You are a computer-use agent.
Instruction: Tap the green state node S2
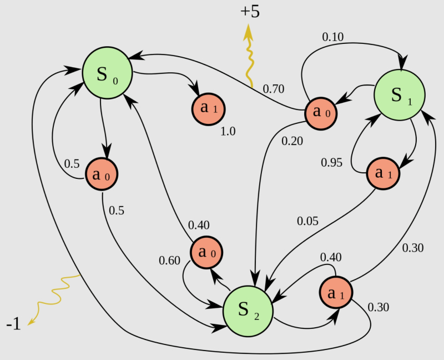(x=248, y=311)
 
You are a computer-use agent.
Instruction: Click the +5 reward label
(x=250, y=11)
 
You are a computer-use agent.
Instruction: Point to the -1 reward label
(x=13, y=324)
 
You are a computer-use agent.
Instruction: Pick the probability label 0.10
(x=333, y=37)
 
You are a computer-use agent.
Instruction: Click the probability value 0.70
(x=274, y=88)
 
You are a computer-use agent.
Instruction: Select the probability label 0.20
(x=292, y=141)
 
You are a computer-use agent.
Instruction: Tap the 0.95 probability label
(x=332, y=163)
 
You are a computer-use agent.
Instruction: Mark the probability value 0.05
(x=307, y=221)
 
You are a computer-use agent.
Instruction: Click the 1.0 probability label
(x=228, y=132)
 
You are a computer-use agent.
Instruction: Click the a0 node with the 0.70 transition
(x=321, y=113)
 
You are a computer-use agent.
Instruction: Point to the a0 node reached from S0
(x=102, y=176)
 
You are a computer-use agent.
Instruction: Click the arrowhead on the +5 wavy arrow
(x=249, y=32)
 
